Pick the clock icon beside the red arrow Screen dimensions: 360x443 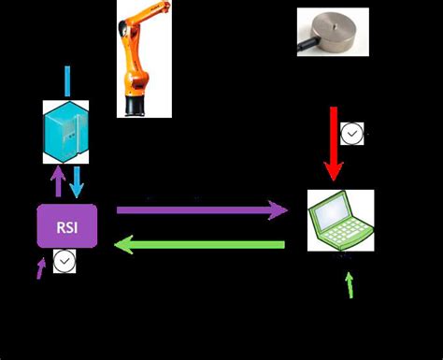[x=351, y=136]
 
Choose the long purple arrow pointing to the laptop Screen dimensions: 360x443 [x=201, y=210]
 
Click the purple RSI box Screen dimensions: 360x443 [x=67, y=225]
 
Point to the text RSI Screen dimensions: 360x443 [x=67, y=225]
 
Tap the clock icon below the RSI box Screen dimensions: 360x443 [x=64, y=263]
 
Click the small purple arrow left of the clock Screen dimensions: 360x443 [x=40, y=268]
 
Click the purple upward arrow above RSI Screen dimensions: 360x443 [x=58, y=180]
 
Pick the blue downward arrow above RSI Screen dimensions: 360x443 [x=77, y=180]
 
